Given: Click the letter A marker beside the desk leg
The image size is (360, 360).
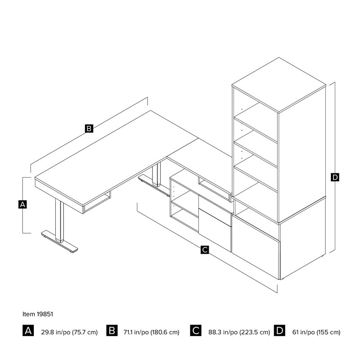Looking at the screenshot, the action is coord(22,204).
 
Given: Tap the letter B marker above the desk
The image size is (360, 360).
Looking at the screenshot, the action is coord(89,128).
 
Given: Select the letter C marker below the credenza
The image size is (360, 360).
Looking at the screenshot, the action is coord(205,249).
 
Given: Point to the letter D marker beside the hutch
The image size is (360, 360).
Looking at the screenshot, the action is coord(335,177).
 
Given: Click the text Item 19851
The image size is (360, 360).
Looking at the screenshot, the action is coord(38,314).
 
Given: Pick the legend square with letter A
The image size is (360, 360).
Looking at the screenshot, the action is coord(28,331).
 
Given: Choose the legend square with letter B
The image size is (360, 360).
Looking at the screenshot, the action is coord(112,331).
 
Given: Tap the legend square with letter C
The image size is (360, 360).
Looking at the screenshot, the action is coord(196,331).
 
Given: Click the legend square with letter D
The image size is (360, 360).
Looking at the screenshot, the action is coord(279,331).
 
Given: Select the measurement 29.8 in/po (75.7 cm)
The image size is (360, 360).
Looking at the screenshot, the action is coord(69,332).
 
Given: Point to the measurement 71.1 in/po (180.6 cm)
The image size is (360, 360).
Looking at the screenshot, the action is coord(151,332).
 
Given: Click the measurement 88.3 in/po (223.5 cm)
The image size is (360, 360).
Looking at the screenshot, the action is coord(239,332).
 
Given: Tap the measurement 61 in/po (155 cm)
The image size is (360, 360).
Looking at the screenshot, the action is coord(316,332).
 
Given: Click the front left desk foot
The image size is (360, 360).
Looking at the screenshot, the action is coord(59,242).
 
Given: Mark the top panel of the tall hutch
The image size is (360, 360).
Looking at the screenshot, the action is coord(279,85).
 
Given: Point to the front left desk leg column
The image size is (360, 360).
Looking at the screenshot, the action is coord(59,220).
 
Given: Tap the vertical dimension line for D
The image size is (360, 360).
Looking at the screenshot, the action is coord(335,167).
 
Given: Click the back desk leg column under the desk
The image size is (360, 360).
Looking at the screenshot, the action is coord(156,175).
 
